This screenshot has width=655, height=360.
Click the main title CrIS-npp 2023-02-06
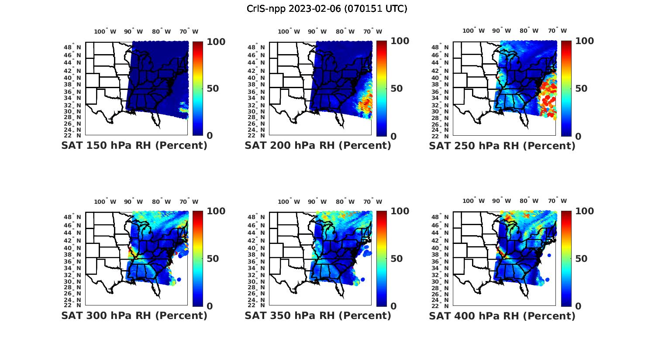coord(327,9)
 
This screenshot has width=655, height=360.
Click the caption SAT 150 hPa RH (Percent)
coord(134,146)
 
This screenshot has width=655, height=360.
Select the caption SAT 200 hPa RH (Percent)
coord(318,146)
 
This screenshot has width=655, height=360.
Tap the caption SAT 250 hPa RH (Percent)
coord(502,146)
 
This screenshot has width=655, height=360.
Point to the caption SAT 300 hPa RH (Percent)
coord(134,315)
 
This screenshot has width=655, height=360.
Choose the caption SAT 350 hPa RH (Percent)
coord(318,315)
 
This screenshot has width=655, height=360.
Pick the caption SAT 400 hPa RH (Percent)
coord(502,315)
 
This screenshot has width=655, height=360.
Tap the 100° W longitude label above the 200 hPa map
coord(289,31)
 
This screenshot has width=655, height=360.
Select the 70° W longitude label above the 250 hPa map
coord(557,31)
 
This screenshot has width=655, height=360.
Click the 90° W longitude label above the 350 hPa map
coord(317,202)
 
